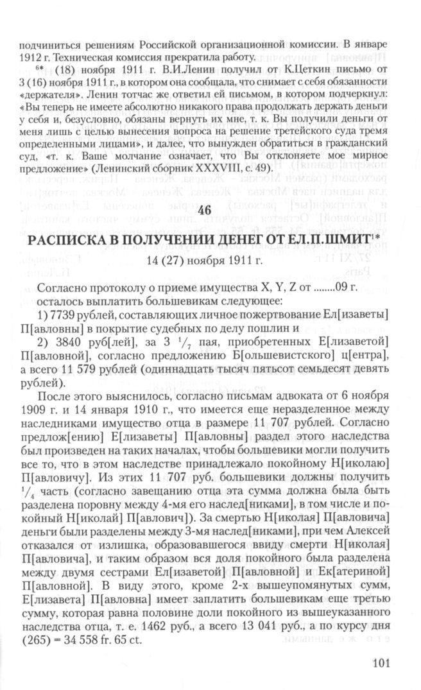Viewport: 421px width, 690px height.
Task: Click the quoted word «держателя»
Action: [x=46, y=99]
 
